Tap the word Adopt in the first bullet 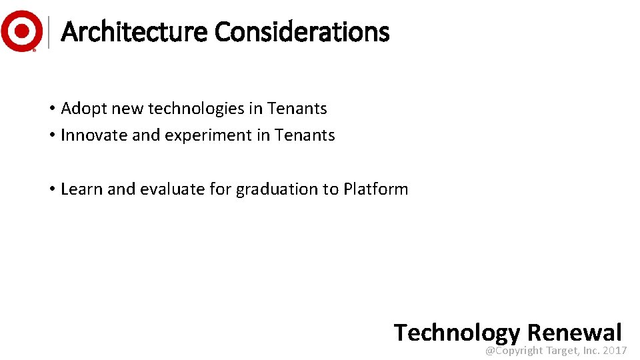point(82,108)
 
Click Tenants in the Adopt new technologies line point(297,108)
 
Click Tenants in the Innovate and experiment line point(305,135)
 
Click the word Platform point(375,189)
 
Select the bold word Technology point(457,333)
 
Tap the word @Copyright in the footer point(514,351)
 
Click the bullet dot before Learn point(51,189)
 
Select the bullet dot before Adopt point(51,109)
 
